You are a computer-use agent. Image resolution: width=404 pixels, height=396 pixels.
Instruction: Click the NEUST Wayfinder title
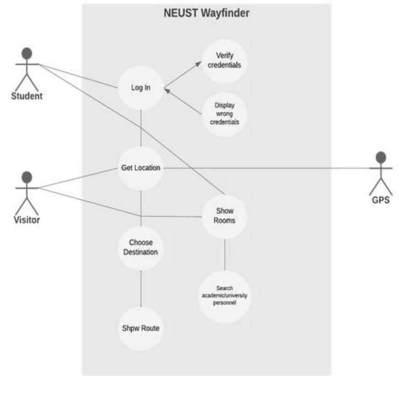(x=206, y=14)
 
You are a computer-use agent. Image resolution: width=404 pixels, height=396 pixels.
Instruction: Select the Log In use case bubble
(x=141, y=88)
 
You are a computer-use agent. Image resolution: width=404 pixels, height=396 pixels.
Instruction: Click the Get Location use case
(x=141, y=168)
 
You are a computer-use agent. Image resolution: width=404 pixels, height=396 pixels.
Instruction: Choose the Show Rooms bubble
(x=225, y=216)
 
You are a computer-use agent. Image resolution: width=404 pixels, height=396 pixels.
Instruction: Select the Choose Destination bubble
(x=141, y=247)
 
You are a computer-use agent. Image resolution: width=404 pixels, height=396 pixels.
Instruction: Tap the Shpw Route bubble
(x=141, y=328)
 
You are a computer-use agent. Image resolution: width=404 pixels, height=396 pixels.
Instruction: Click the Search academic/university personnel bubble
(x=225, y=296)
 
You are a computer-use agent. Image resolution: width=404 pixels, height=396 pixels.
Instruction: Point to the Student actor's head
(x=27, y=53)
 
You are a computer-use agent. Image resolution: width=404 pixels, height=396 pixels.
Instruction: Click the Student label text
(x=27, y=96)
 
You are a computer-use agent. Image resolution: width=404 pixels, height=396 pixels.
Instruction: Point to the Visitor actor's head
(x=27, y=177)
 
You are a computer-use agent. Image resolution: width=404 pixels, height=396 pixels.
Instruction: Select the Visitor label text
(x=26, y=220)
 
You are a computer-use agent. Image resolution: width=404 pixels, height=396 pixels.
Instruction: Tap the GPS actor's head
(x=380, y=158)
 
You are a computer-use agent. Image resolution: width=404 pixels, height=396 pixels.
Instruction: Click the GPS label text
(x=380, y=200)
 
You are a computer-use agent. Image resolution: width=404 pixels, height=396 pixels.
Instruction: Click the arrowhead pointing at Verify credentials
(x=198, y=64)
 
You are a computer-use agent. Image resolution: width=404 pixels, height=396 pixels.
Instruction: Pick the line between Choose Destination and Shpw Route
(x=141, y=288)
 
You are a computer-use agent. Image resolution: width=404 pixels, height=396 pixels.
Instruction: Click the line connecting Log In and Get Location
(x=141, y=128)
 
